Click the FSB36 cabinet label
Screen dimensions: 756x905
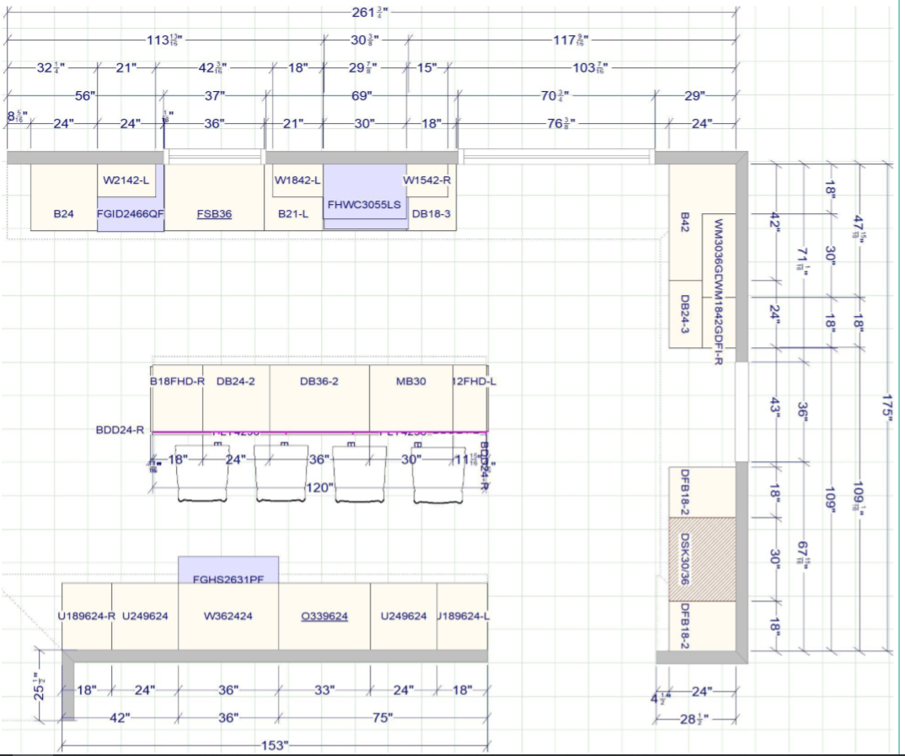point(214,214)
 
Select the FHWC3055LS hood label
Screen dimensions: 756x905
point(364,205)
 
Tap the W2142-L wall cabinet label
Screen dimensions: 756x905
point(126,180)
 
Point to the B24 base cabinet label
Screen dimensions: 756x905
point(63,214)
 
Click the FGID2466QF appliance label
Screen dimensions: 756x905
point(130,214)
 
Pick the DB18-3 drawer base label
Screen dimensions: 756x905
point(431,214)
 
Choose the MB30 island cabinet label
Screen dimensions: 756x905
point(410,381)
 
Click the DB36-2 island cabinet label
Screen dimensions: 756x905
point(319,381)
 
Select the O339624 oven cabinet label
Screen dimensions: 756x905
point(324,616)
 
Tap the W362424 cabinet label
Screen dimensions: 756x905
point(228,616)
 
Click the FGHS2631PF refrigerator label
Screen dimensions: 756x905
point(228,579)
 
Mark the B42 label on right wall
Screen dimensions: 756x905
point(685,223)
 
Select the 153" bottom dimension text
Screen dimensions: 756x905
point(274,745)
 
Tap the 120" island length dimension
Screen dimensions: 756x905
point(319,487)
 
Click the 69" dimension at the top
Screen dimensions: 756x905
point(361,96)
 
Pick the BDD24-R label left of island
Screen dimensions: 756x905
point(120,430)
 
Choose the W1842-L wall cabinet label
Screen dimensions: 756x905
point(297,180)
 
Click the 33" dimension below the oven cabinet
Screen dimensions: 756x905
point(324,690)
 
